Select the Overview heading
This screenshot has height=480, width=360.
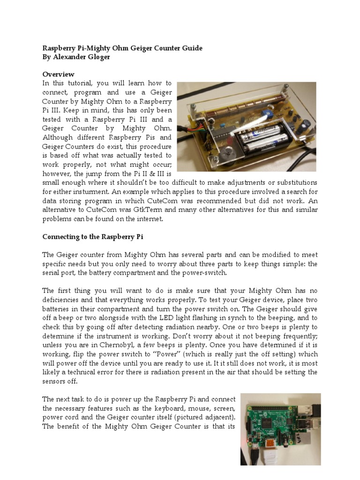coord(58,74)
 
